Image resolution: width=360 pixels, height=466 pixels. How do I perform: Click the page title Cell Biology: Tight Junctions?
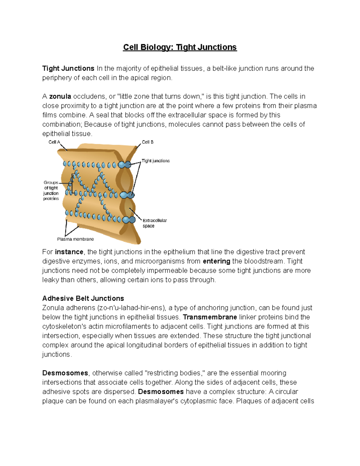pos(180,47)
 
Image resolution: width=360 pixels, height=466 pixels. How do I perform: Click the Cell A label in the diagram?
pos(54,142)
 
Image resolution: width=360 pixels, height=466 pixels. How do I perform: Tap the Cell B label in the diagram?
pos(148,142)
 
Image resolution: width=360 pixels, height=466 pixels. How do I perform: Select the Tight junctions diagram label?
pos(155,161)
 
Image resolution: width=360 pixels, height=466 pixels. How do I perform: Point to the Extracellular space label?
pos(154,223)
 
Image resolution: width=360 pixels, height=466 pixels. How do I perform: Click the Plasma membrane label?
pos(75,239)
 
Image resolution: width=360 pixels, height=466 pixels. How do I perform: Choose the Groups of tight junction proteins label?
pos(51,191)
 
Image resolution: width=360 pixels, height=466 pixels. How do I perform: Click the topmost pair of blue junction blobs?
pos(124,164)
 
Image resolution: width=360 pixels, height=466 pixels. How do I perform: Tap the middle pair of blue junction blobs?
pos(127,195)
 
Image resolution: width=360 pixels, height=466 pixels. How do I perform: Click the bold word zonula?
pos(60,97)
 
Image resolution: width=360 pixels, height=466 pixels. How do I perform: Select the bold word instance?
pos(69,252)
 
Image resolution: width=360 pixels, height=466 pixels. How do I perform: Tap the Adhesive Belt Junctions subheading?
pos(83,299)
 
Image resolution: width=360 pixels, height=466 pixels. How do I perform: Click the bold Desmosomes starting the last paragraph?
pos(65,373)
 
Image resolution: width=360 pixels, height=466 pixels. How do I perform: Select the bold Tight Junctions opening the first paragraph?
pos(68,68)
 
